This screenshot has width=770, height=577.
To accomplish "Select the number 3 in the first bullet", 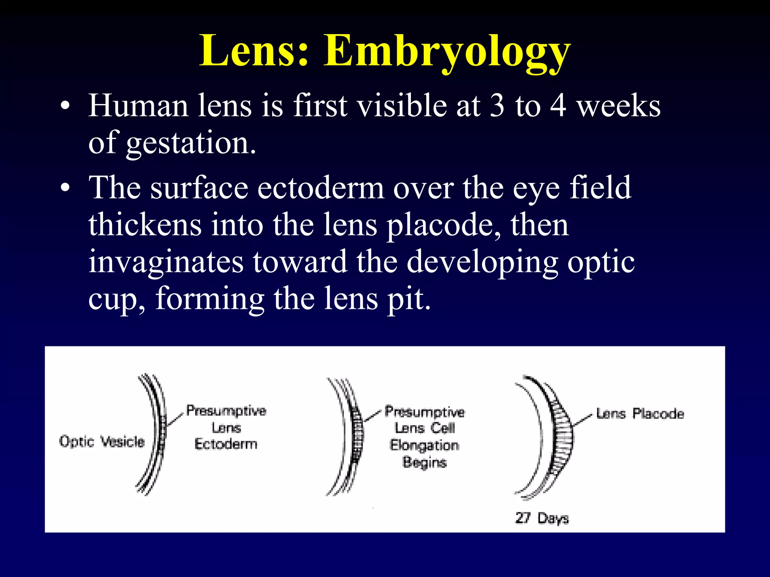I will coord(497,106).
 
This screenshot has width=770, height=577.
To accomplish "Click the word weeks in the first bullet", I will coord(618,106).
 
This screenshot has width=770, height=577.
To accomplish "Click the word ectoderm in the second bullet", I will coord(320,188).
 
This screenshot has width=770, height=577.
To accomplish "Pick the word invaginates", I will coord(166,262).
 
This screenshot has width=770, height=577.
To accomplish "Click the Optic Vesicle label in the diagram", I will coord(102,441).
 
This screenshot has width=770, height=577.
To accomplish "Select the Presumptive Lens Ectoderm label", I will coord(226,427).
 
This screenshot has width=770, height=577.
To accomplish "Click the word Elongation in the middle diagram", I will coord(424,445).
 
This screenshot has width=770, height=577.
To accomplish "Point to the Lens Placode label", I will coord(640,414).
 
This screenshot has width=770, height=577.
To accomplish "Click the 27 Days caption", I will coord(542,518).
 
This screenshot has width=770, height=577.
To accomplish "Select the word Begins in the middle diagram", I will coord(424,462).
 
